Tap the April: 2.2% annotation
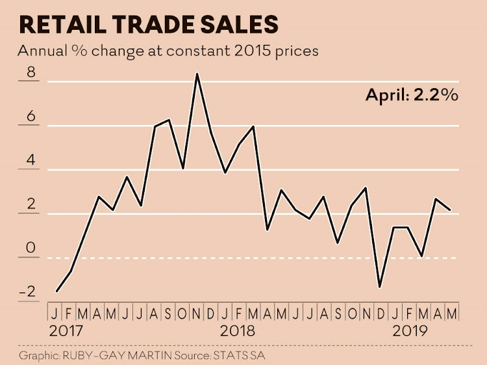[412, 95]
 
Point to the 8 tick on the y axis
[29, 74]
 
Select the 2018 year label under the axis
[238, 330]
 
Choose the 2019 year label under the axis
[410, 330]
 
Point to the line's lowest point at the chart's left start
[57, 291]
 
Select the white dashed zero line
[260, 258]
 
